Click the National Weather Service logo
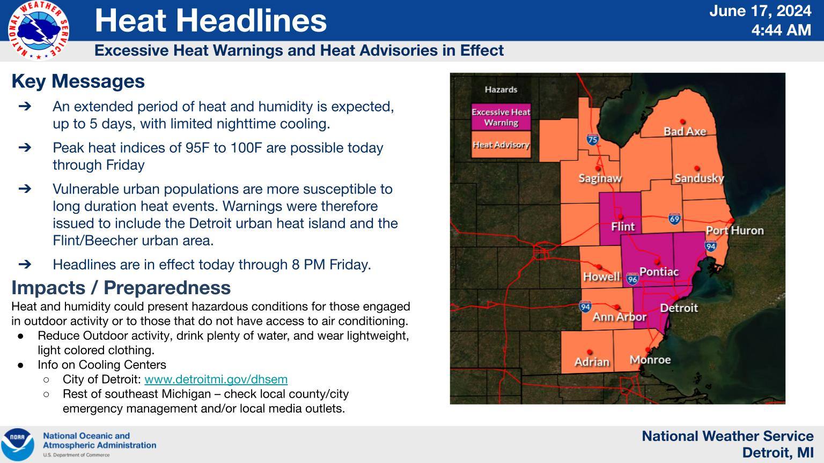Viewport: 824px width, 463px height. point(39,30)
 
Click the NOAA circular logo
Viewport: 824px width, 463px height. point(17,444)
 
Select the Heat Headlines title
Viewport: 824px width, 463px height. point(210,20)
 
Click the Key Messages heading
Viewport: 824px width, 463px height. point(78,81)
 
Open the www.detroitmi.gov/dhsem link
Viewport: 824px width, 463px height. point(216,379)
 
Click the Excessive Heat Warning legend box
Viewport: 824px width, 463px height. point(501,117)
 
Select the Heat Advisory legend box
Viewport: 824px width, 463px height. point(501,145)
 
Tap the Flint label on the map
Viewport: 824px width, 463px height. point(622,227)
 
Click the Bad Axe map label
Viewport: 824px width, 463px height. point(685,131)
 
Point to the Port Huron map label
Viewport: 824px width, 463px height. point(734,230)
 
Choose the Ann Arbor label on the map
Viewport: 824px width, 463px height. point(619,317)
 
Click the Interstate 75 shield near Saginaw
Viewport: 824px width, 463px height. point(592,139)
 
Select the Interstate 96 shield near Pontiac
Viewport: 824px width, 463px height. point(632,279)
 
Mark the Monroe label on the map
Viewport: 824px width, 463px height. point(650,359)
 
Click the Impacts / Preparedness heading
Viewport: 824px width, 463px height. point(121,288)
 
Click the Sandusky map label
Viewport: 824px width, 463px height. point(699,178)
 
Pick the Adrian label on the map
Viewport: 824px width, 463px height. point(592,362)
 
